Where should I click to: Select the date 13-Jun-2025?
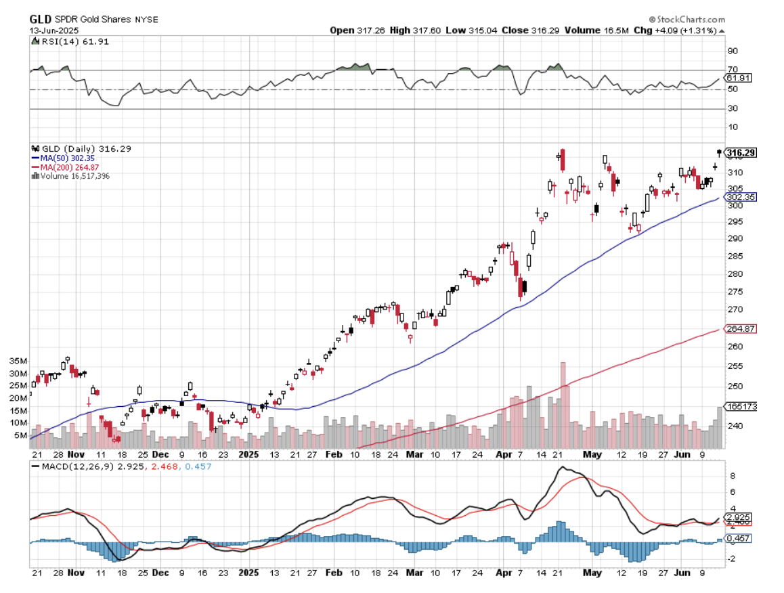(x=53, y=30)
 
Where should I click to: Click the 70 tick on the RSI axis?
(x=732, y=70)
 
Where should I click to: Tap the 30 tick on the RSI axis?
(x=732, y=108)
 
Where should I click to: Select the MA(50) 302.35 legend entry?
(x=66, y=158)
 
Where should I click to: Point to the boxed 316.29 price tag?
(x=740, y=153)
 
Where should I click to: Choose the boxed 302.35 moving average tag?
(x=740, y=197)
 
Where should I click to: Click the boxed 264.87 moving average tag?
(x=740, y=329)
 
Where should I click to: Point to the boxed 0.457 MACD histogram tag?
(x=737, y=538)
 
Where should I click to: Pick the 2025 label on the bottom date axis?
(x=251, y=573)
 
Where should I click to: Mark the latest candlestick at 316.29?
(x=719, y=152)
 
